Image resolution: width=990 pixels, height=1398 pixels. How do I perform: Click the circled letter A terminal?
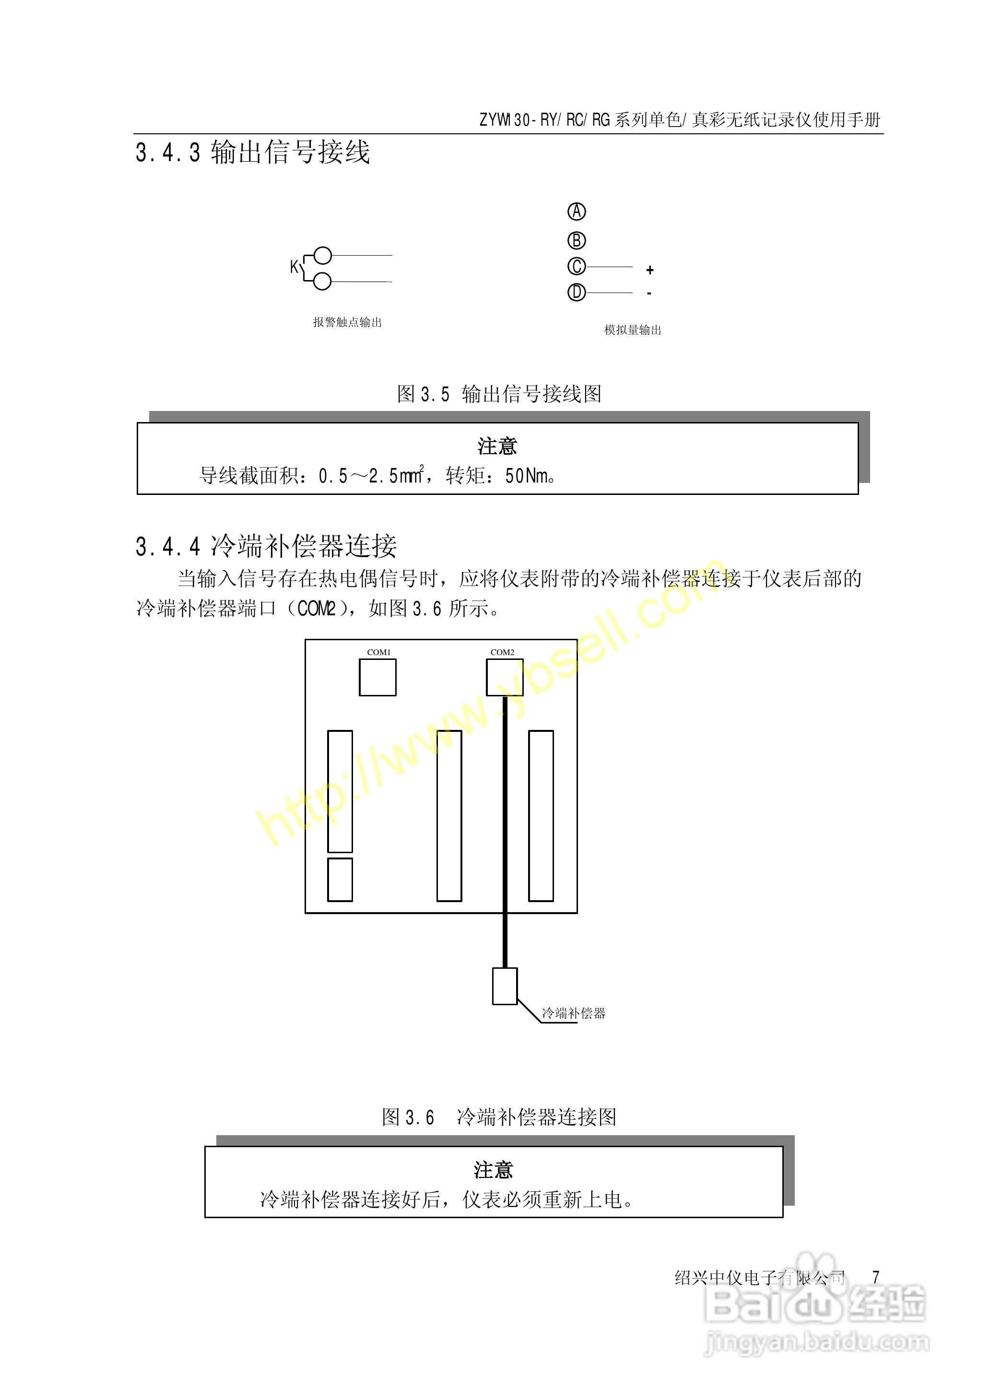pos(577,211)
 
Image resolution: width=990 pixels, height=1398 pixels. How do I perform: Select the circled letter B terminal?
pos(577,241)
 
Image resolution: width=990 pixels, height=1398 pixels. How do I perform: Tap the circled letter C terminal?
pos(577,267)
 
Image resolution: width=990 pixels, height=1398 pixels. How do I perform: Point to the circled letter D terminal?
pos(577,293)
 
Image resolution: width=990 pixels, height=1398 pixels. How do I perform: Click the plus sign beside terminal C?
pos(650,270)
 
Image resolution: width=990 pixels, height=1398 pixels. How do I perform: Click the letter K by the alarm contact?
pos(295,267)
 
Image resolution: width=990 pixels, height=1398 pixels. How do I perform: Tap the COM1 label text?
pos(378,652)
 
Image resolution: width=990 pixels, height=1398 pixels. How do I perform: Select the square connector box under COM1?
pos(377,678)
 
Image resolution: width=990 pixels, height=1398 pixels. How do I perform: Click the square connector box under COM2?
pos(505,678)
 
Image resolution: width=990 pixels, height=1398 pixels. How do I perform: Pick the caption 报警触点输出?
pos(347,322)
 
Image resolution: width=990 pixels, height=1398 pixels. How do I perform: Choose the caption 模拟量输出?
pos(633,330)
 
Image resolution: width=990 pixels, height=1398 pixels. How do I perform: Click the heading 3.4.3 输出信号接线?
pos(252,153)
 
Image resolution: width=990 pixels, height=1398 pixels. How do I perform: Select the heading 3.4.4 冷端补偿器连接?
pos(266,547)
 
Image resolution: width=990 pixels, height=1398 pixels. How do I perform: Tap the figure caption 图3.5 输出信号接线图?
pos(499,394)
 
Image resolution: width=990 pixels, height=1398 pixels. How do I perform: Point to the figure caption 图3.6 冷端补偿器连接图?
pos(499,1117)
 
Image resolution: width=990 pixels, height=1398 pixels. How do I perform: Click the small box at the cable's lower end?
pos(505,986)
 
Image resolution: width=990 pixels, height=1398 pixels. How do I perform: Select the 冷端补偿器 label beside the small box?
pos(574,1013)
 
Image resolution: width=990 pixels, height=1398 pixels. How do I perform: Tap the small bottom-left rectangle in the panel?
pos(340,880)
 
